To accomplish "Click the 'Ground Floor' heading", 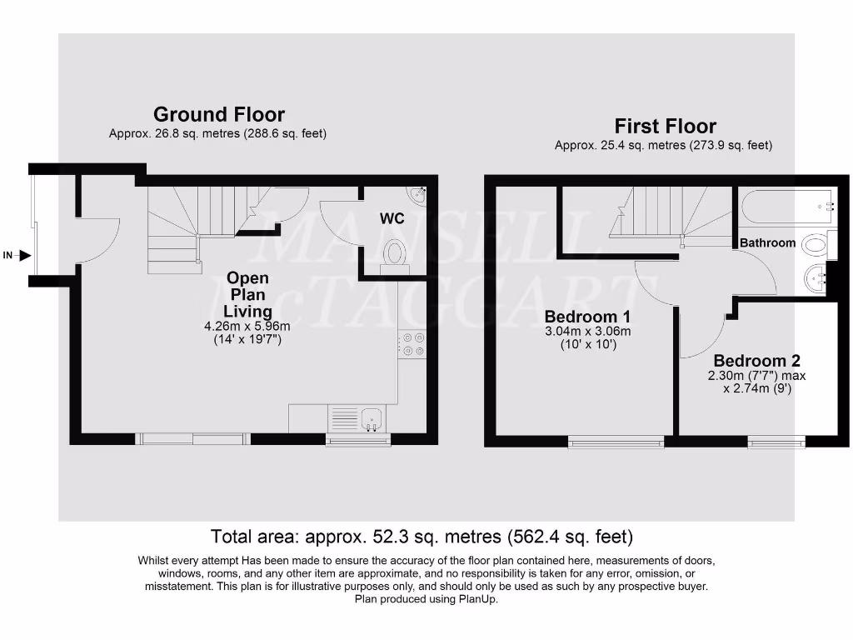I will click(x=219, y=115).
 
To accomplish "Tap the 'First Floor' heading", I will click(x=665, y=127).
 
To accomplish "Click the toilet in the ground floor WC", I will click(x=394, y=252).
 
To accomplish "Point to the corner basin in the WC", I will click(x=417, y=195).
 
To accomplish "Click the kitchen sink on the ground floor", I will click(x=372, y=416).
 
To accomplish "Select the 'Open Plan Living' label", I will click(x=248, y=295).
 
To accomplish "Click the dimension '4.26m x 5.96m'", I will click(x=248, y=326).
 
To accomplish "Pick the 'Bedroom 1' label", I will click(x=586, y=317).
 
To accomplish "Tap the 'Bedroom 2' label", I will click(x=756, y=361).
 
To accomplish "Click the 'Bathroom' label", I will click(x=768, y=242).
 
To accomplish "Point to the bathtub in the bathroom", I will click(x=786, y=204).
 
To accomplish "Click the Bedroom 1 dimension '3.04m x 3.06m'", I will click(x=586, y=331).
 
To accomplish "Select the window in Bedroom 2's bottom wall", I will click(x=776, y=442).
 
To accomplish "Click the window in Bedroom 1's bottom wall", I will click(x=616, y=442).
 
